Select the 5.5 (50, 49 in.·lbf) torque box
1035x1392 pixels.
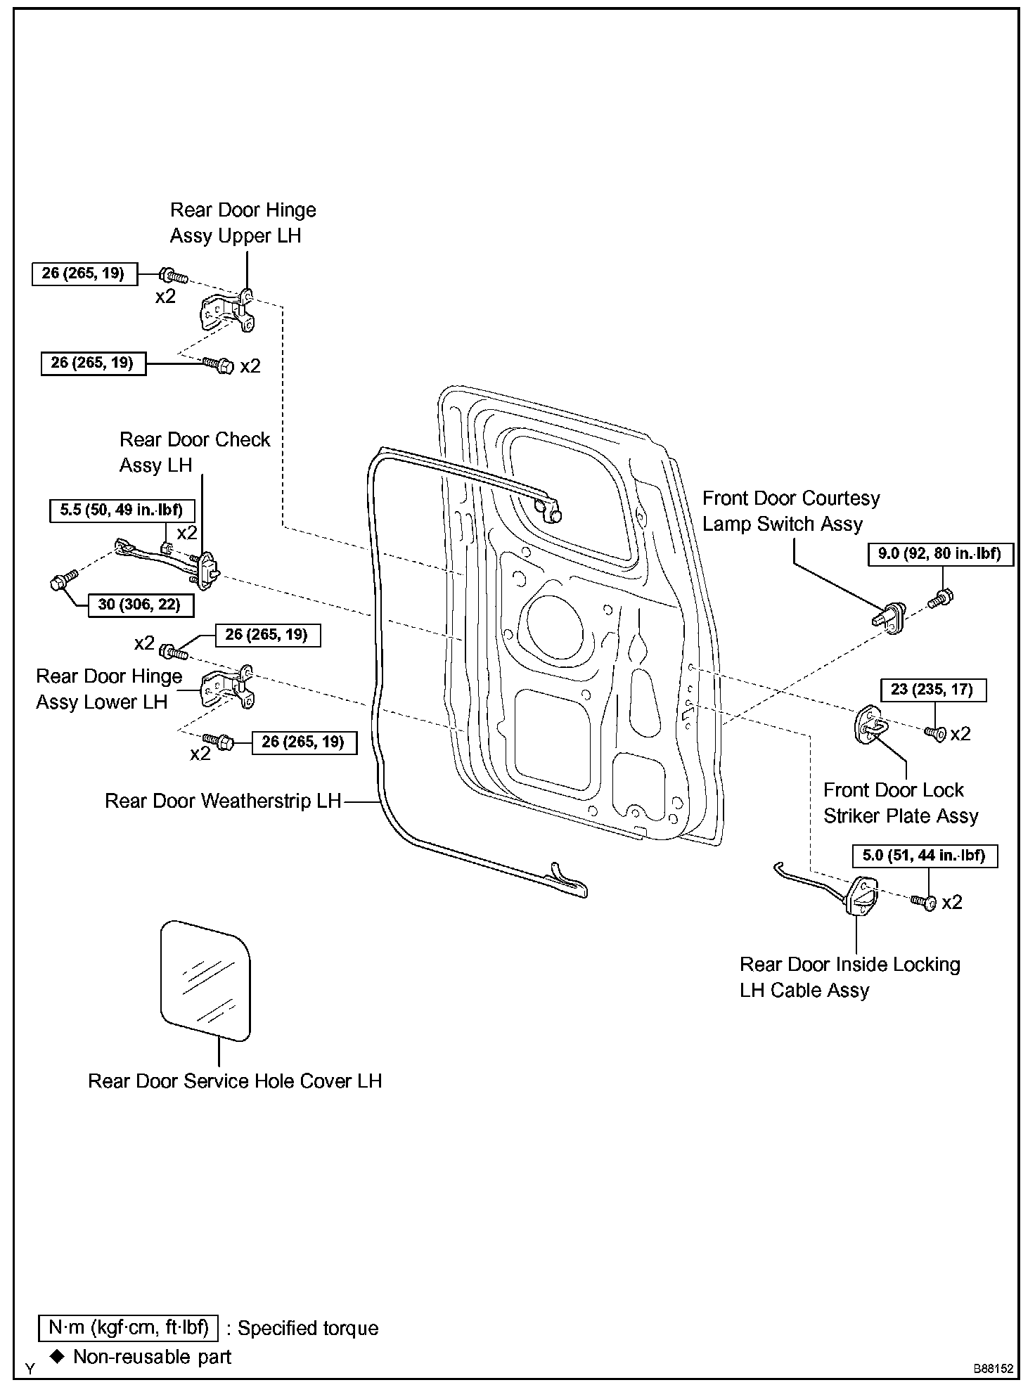coord(122,510)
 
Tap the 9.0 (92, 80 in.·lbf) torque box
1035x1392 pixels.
coord(939,554)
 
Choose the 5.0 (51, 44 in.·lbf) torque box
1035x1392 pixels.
coord(924,856)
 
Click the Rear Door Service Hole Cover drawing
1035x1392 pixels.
coord(205,980)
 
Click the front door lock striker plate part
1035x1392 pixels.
coord(871,725)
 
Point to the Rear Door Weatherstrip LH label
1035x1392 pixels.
coord(222,801)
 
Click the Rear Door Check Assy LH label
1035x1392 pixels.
coord(195,452)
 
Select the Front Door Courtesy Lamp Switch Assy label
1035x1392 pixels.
coord(791,511)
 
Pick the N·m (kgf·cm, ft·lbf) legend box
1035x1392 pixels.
coord(129,1327)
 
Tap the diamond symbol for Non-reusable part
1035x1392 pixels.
coord(57,1356)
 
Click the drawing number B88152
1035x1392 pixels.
coord(993,1369)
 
